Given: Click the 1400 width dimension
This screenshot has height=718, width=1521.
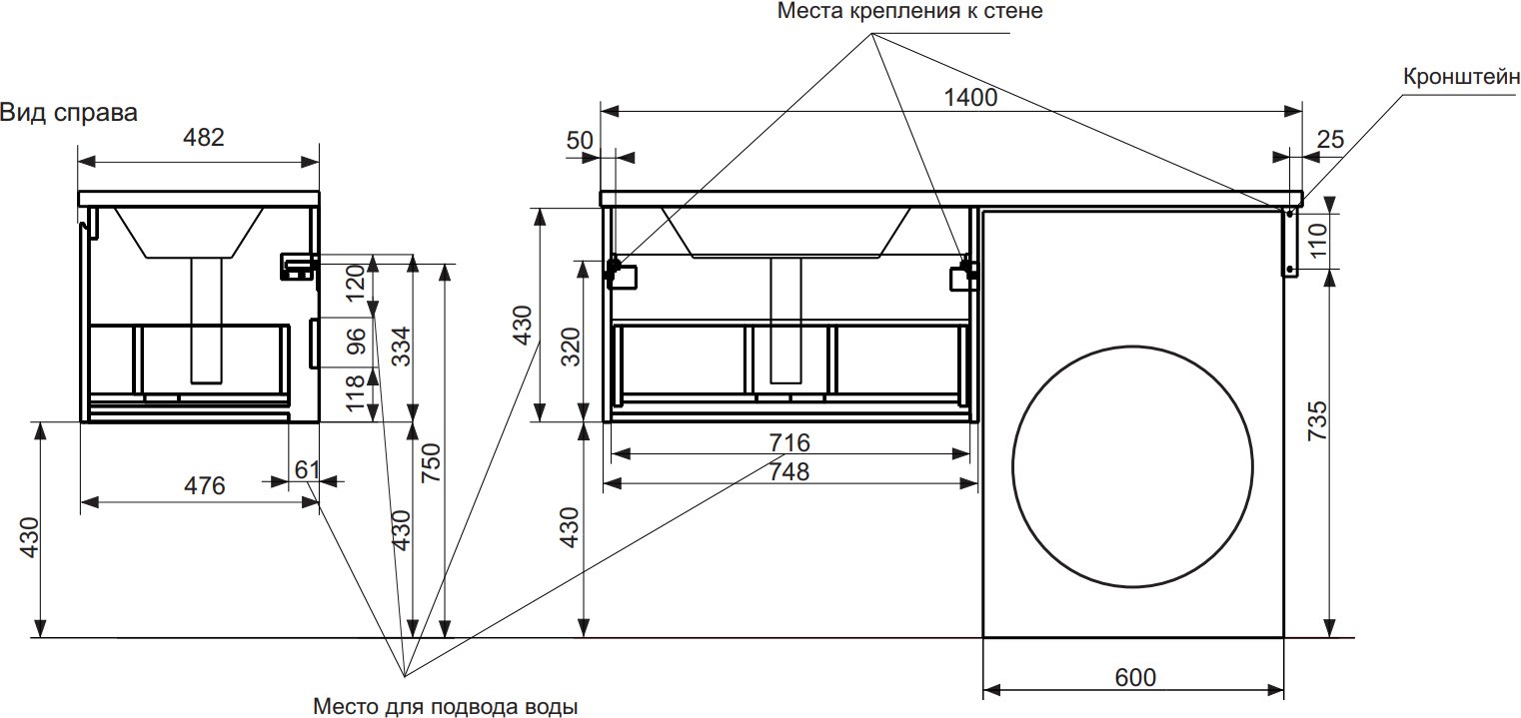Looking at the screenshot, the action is (x=970, y=98).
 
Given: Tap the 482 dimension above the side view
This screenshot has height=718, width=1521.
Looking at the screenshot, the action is (x=204, y=138).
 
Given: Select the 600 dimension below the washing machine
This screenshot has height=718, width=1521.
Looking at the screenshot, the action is (x=1135, y=677).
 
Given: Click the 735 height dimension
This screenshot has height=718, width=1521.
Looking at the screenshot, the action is (x=1317, y=420).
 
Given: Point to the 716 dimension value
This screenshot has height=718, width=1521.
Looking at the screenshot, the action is (x=789, y=442).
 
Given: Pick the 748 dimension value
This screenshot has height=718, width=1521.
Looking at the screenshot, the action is (x=789, y=471).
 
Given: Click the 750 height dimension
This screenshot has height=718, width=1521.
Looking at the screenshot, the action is (x=432, y=462).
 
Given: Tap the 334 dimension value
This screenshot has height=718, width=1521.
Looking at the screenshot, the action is (x=402, y=347).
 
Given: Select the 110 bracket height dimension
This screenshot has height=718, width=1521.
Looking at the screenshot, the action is (x=1318, y=241).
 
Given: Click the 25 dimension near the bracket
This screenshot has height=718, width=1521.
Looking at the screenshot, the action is (x=1330, y=140).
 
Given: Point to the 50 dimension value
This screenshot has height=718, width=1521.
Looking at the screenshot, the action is (x=580, y=141).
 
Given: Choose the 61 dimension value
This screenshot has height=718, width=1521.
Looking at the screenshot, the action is (x=307, y=469).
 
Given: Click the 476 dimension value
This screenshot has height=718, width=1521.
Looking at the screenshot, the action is (x=205, y=486).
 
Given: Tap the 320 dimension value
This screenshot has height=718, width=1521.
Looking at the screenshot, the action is (x=571, y=347).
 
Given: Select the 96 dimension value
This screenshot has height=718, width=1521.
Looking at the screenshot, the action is (x=356, y=342).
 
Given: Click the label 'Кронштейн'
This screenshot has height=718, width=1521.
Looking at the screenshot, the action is (x=1461, y=77).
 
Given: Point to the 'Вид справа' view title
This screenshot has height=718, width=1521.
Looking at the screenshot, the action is (x=69, y=113).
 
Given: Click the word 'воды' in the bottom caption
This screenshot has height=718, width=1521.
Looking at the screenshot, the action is (x=552, y=706).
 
